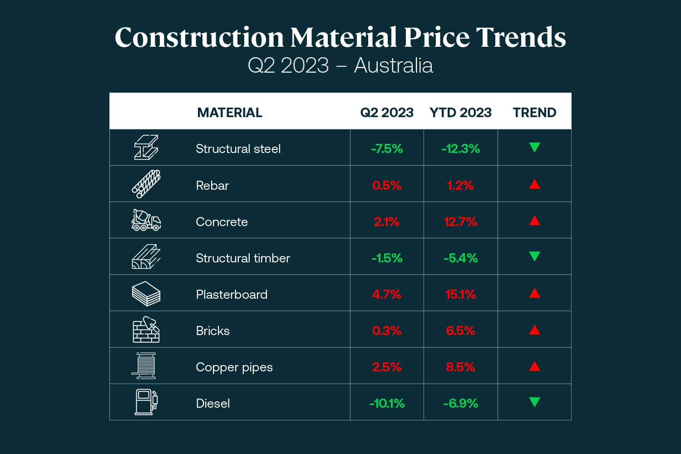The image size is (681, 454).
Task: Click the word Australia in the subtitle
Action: click(x=393, y=65)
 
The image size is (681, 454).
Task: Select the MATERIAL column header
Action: click(x=229, y=113)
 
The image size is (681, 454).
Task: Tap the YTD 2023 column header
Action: click(x=460, y=113)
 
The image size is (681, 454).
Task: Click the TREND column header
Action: click(x=534, y=113)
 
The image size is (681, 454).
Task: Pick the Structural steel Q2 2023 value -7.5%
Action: click(x=387, y=149)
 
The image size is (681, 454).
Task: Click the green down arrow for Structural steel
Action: click(x=534, y=148)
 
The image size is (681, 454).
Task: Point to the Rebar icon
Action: click(x=146, y=184)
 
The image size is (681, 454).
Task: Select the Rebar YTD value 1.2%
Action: click(x=460, y=185)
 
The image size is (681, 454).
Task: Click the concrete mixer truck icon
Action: click(x=146, y=220)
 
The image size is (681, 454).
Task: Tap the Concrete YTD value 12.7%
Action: click(x=460, y=222)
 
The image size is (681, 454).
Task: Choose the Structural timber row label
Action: click(x=243, y=258)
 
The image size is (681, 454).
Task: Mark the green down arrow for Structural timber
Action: click(x=534, y=257)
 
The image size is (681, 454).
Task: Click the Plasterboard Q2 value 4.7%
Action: click(x=387, y=294)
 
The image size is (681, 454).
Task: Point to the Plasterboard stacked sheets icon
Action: click(x=146, y=294)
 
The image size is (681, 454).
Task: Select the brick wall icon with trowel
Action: click(x=146, y=330)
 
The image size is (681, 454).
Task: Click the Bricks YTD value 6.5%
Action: click(x=460, y=331)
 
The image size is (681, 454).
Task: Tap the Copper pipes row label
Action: click(x=234, y=367)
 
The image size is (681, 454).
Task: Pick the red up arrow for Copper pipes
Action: click(x=534, y=366)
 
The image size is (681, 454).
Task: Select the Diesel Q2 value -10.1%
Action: click(x=387, y=403)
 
